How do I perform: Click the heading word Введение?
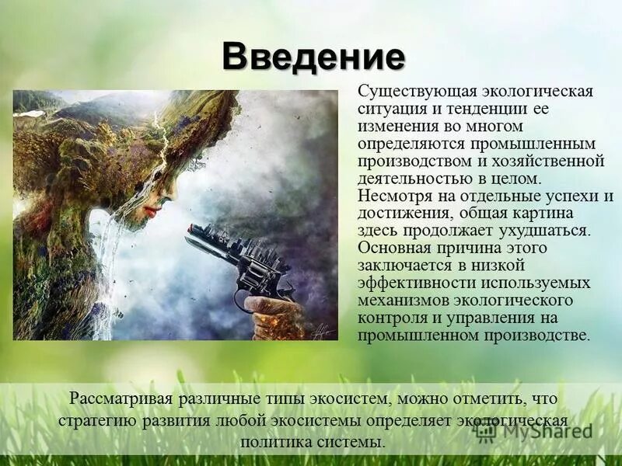pos(313,56)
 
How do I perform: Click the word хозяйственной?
pos(556,161)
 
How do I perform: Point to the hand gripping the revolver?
pos(272,311)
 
